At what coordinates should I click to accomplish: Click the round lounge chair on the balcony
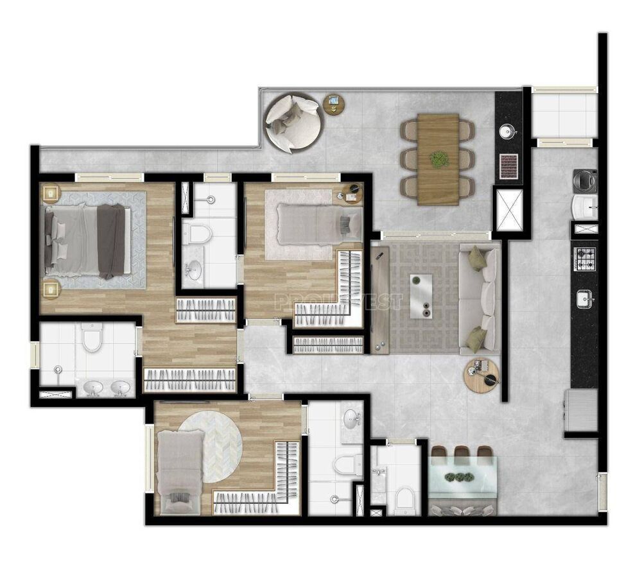(x=294, y=122)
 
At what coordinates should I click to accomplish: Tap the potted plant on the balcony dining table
(x=439, y=159)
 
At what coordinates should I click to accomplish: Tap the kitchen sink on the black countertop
(x=585, y=298)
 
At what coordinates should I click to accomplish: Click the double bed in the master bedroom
(x=83, y=241)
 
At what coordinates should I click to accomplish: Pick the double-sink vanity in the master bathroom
(x=106, y=387)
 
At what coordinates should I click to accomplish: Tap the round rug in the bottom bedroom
(x=210, y=443)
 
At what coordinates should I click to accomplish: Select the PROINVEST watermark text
(x=338, y=301)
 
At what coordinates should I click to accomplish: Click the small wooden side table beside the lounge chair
(x=333, y=103)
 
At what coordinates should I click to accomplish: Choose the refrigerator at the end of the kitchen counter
(x=580, y=411)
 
